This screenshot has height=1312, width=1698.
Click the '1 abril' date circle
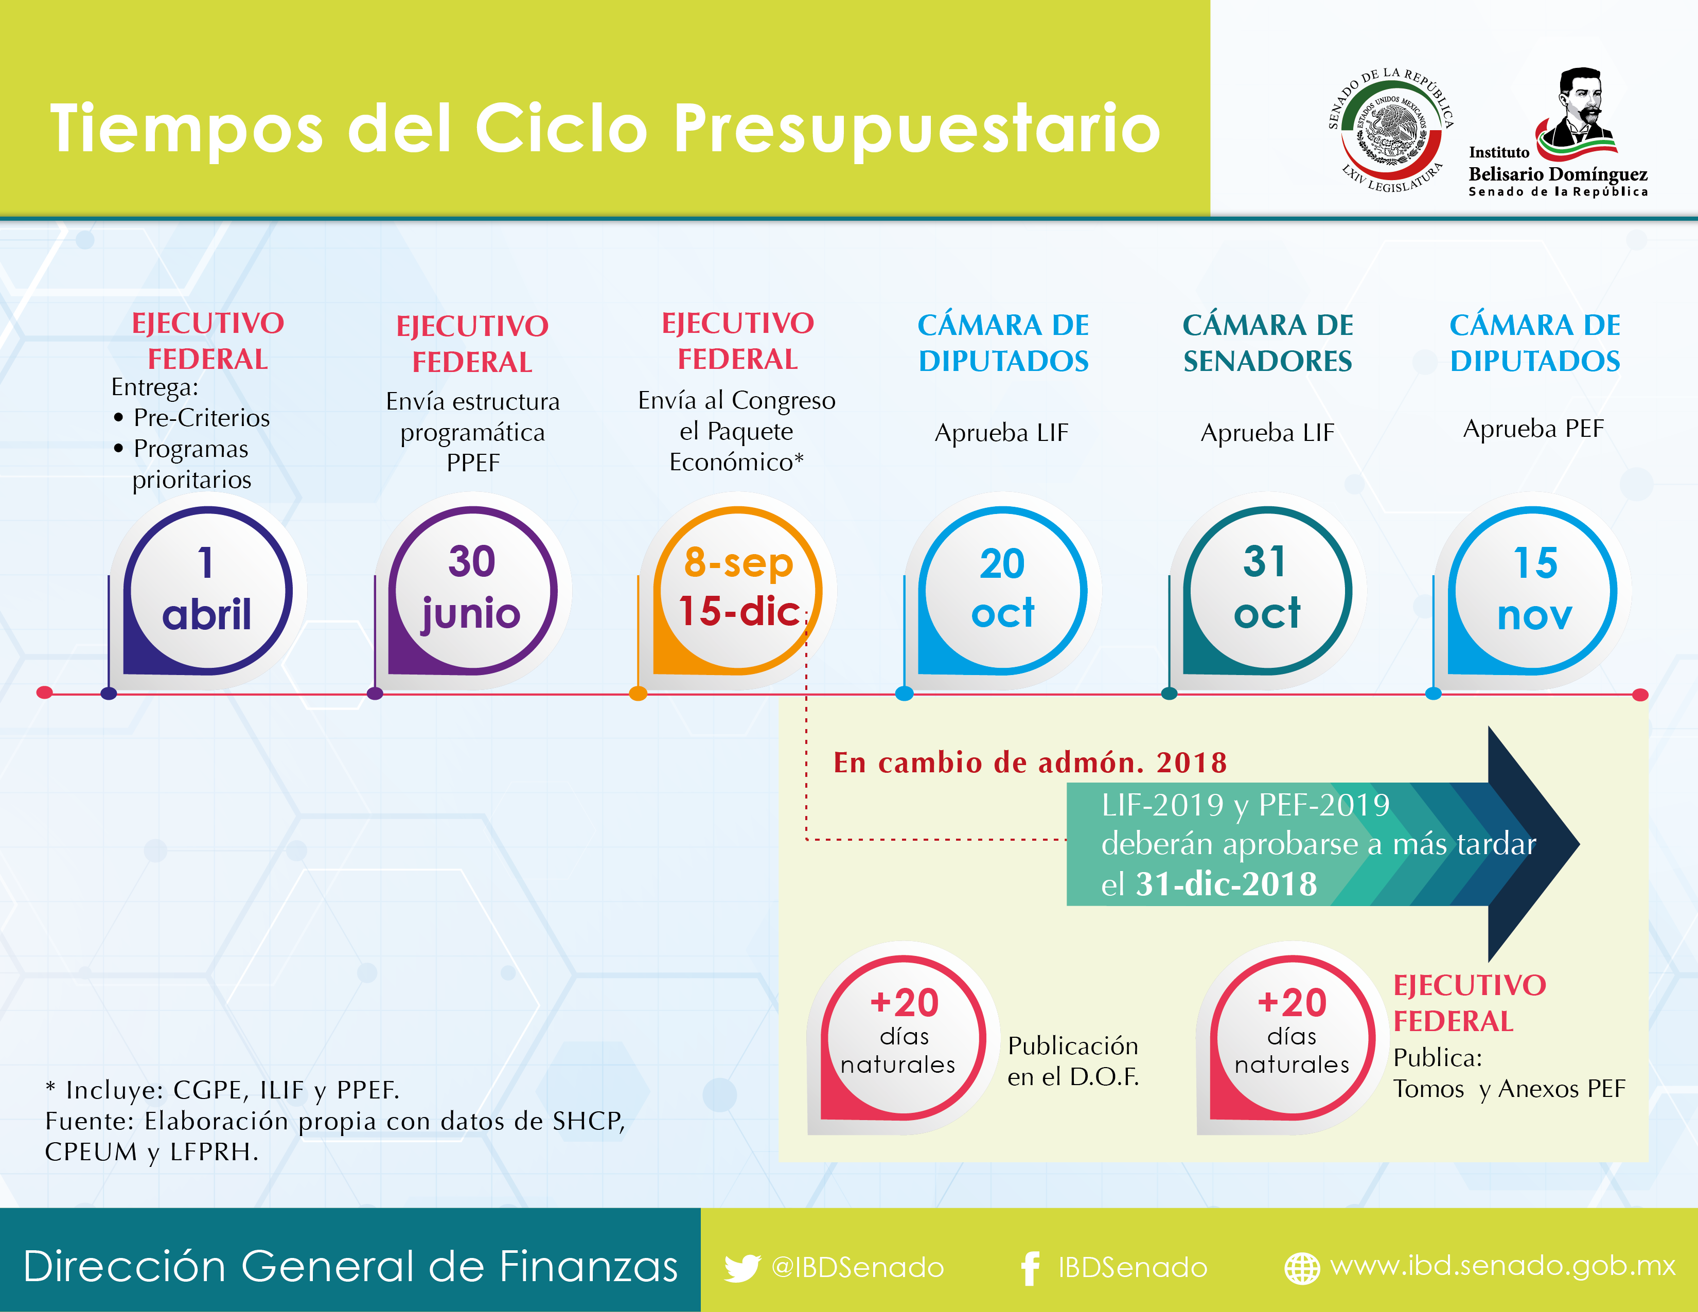(x=207, y=591)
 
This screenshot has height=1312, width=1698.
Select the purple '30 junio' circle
(x=472, y=591)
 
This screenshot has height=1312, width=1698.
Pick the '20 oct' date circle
(x=1003, y=591)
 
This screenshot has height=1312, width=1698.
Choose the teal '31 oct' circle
(x=1267, y=591)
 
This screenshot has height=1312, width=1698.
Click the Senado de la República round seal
(x=1391, y=130)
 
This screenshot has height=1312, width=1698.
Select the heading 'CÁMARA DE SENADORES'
(x=1268, y=343)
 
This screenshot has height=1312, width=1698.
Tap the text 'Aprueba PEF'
(x=1533, y=428)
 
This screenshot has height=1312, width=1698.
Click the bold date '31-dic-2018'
(x=1226, y=884)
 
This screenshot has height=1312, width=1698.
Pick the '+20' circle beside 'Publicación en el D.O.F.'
(x=904, y=1038)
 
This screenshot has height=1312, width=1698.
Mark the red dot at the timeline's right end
(x=1640, y=694)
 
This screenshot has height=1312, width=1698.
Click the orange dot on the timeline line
(x=639, y=694)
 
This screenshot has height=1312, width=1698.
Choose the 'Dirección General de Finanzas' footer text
(x=350, y=1266)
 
